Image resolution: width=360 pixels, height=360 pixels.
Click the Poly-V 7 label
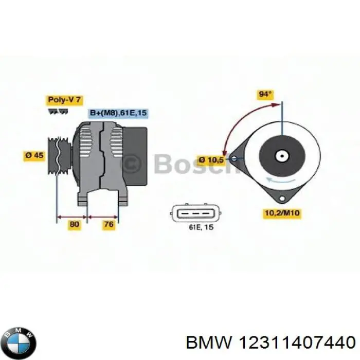coord(64,100)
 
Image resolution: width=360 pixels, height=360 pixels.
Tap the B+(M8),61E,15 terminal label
coord(118,113)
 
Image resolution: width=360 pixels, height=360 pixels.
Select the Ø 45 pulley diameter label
coord(34,155)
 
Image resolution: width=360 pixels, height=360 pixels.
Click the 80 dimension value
coord(74,224)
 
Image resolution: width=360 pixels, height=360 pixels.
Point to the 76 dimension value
coord(109,224)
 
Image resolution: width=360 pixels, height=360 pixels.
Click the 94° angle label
coord(265,94)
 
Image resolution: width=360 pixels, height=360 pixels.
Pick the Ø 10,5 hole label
coord(211,160)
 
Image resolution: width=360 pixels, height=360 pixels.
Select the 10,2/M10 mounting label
coord(282,213)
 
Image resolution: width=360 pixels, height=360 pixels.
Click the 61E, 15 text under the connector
coord(201,227)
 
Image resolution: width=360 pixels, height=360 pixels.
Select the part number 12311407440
coord(297,343)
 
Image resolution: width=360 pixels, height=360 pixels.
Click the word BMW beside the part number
coord(209,343)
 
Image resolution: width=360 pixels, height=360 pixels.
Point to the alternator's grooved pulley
coord(59,156)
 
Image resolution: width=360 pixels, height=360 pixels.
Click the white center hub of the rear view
coord(282,156)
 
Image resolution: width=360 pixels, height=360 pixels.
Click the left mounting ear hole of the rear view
coord(234,158)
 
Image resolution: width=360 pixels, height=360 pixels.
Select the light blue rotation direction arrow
coord(281,179)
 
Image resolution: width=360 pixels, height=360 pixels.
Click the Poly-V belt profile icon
coord(58,112)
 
